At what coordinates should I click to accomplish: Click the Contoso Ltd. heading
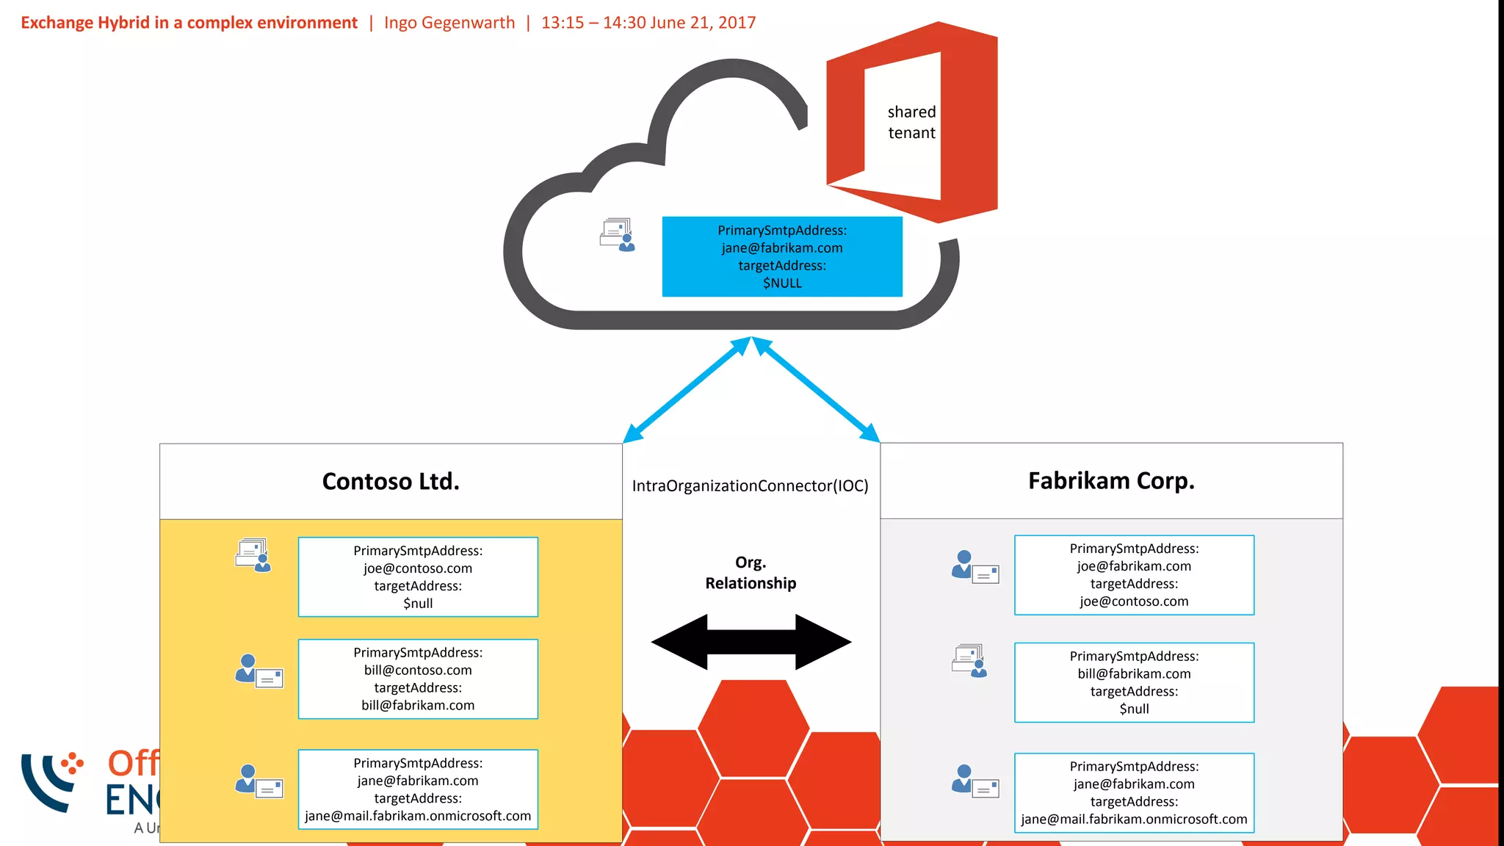pos(391,482)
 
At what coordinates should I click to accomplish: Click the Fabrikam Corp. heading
pos(1111,481)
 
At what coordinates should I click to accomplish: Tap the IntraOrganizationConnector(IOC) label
pos(750,486)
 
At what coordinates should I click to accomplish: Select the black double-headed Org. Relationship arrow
pos(751,642)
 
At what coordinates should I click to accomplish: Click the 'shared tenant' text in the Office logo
pos(911,123)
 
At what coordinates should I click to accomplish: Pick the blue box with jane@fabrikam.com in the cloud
pos(782,256)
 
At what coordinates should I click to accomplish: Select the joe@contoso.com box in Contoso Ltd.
pos(418,577)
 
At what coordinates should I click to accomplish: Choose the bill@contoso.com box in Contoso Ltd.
pos(418,679)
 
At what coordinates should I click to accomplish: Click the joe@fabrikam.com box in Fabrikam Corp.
pos(1134,575)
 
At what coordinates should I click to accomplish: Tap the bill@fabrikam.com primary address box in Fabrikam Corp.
pos(1134,683)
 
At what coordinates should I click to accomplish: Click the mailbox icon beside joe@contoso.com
pos(253,554)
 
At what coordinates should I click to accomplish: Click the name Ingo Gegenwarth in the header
pos(449,23)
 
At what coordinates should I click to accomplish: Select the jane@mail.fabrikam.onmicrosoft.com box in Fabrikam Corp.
pos(1134,793)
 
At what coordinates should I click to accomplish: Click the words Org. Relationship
pos(751,573)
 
